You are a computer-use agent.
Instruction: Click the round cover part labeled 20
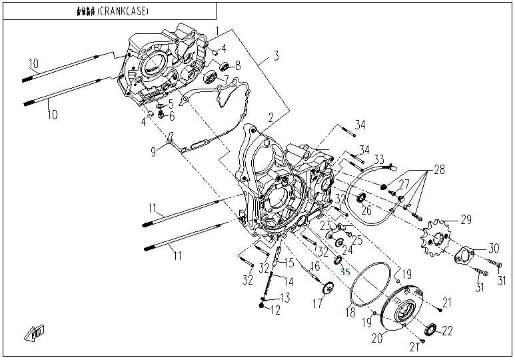[405, 310]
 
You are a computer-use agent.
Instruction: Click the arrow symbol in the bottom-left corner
[35, 333]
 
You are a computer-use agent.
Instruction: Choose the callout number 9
[153, 151]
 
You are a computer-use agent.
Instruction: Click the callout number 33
[378, 159]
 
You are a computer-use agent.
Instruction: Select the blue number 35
[345, 271]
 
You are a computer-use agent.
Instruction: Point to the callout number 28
[439, 170]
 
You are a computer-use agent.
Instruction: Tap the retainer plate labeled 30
[464, 255]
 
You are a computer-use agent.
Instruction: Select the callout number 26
[366, 211]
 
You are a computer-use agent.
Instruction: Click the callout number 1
[216, 31]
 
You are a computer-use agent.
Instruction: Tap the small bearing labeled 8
[224, 66]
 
